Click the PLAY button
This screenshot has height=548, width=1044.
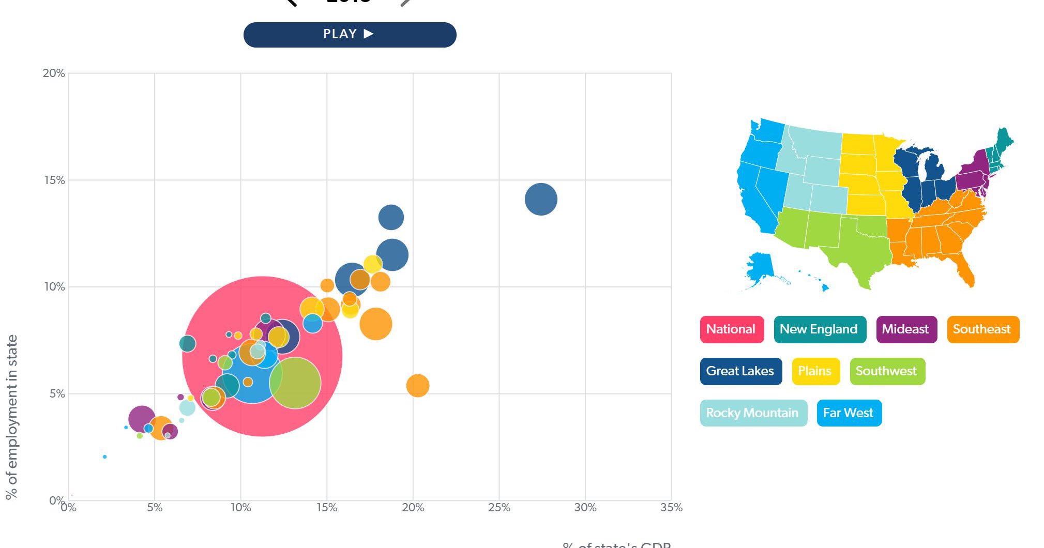point(350,35)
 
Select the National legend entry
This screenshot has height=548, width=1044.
point(731,329)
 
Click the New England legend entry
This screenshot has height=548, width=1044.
point(819,329)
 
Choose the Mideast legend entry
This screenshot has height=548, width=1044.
point(905,329)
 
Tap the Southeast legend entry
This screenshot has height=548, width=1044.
point(982,329)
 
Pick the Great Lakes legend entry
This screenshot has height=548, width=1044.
point(740,371)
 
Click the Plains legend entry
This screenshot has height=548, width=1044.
point(815,371)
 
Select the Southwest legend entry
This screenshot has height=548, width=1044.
point(886,371)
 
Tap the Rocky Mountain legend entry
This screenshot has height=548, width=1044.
point(752,413)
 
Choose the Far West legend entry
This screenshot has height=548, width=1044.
point(848,413)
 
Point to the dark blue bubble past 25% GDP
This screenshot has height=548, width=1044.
point(541,199)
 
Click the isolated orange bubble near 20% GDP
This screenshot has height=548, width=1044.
point(418,386)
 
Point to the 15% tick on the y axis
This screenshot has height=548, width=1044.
point(54,180)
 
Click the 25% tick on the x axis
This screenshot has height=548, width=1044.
point(499,508)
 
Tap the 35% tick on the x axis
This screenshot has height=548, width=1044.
point(671,508)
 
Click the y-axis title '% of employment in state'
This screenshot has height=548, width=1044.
point(11,417)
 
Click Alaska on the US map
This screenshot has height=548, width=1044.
point(760,267)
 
